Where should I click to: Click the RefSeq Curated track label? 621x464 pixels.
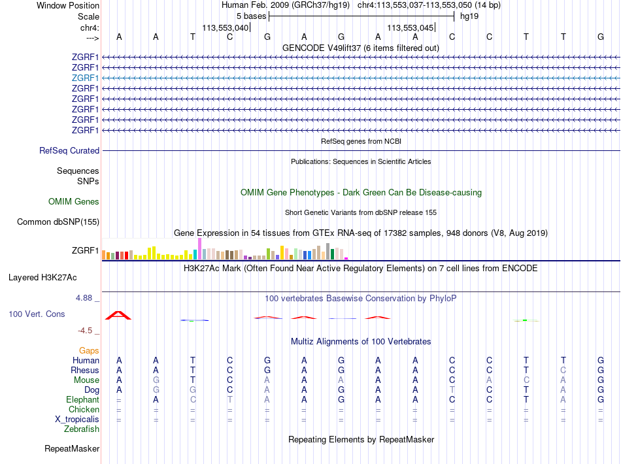pos(69,150)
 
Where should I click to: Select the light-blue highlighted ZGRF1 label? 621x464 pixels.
pos(86,78)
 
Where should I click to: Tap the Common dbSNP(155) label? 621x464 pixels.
pos(58,222)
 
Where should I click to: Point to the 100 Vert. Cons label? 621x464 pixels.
pos(37,314)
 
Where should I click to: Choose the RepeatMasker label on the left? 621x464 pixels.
pos(72,449)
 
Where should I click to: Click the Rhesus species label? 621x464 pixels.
pos(85,370)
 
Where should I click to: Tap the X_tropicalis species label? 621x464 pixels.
pos(76,419)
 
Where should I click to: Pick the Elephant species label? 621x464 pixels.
pos(82,399)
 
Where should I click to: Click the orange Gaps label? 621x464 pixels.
pos(89,351)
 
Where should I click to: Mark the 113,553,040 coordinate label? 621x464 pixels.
pos(226,28)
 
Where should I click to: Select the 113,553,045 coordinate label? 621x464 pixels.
pos(411,28)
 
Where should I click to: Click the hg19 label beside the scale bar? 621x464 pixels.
pos(469,16)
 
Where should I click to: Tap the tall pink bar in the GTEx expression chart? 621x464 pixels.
pos(199,248)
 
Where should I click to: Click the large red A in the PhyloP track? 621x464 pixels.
pos(118,315)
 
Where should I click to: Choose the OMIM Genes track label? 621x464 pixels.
pos(74,202)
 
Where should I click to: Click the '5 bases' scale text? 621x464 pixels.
pos(251,16)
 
